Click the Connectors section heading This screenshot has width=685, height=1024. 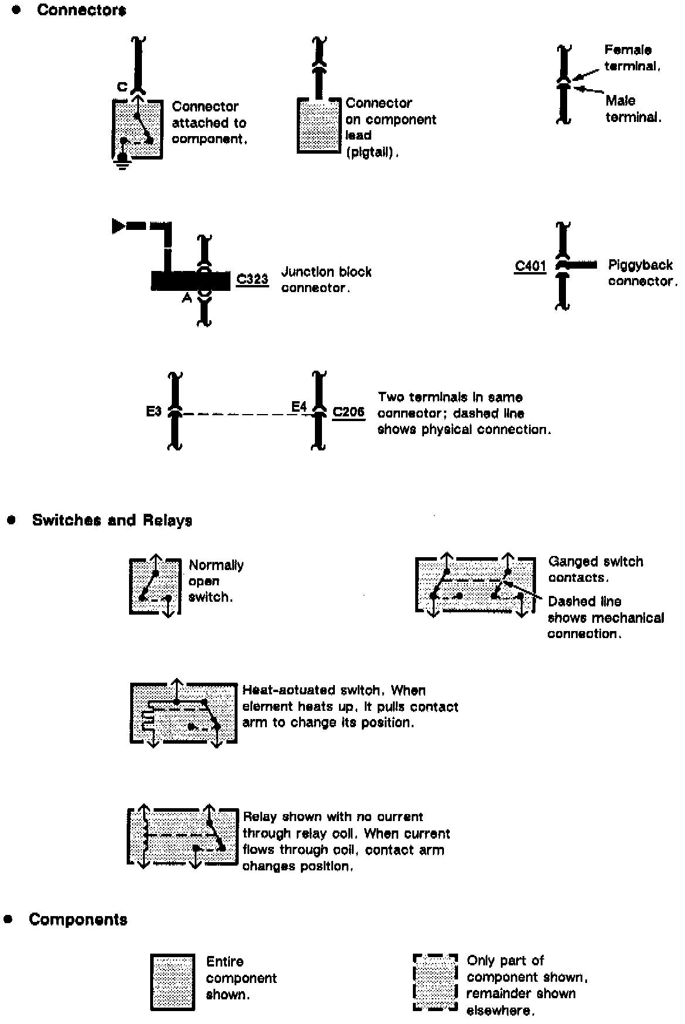pos(81,10)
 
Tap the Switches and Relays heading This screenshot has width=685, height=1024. pos(112,520)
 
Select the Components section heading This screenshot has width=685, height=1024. pos(78,919)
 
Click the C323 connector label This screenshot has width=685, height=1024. pos(252,279)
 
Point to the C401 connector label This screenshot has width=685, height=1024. pos(530,266)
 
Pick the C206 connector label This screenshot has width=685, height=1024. pos(348,412)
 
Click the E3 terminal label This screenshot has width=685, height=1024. pos(154,411)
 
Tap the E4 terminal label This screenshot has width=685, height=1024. pos(299,406)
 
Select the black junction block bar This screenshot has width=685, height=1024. pos(190,280)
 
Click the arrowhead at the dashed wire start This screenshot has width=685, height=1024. pos(118,226)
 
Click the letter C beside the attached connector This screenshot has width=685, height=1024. pos(122,87)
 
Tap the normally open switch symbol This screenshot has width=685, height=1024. pos(154,586)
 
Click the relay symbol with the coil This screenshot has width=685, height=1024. pos(181,837)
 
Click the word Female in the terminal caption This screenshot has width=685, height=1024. pos(628,50)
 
